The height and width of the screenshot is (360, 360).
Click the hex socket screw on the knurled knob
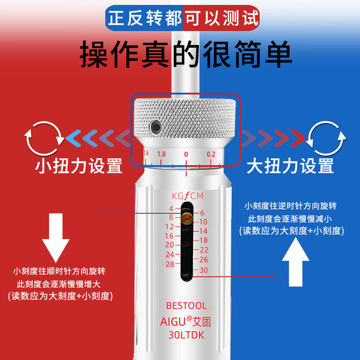155,126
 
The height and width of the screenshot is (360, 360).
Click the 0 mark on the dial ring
186,154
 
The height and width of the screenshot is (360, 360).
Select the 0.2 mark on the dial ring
211,154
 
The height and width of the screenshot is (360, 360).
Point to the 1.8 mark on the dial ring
162,154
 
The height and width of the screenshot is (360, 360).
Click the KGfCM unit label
188,196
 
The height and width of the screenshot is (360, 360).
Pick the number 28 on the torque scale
170,264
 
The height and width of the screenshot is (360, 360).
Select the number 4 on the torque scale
171,208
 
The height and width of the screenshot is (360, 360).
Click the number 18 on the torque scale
203,240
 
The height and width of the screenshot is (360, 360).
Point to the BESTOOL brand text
186,306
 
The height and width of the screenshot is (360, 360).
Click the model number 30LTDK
186,335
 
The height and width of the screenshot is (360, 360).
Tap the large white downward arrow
56,238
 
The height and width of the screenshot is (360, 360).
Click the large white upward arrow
296,262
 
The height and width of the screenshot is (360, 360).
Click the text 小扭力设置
78,166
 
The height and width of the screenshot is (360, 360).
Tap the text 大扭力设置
290,166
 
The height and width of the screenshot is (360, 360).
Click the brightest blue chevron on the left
73,138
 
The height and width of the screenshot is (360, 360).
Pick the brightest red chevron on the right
298,138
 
